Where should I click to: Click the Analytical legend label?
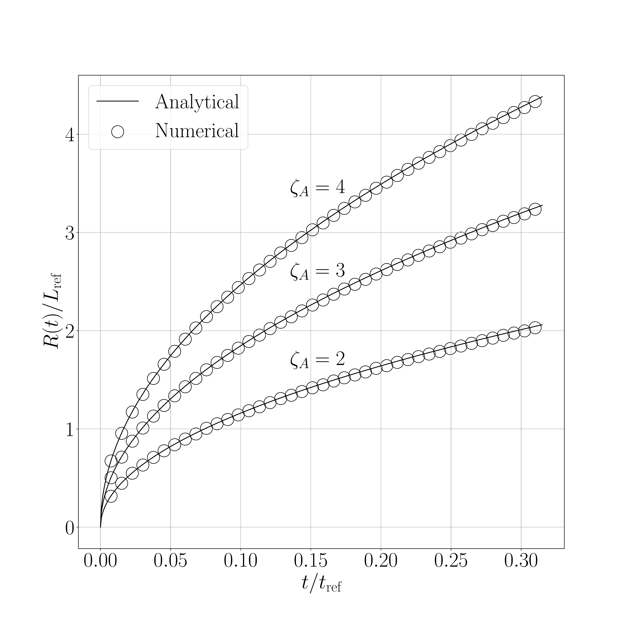197,102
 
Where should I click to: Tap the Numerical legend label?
197,131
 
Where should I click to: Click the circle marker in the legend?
117,132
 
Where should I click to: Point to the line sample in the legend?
117,101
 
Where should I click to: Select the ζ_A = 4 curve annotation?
317,188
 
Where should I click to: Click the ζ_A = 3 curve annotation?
317,271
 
